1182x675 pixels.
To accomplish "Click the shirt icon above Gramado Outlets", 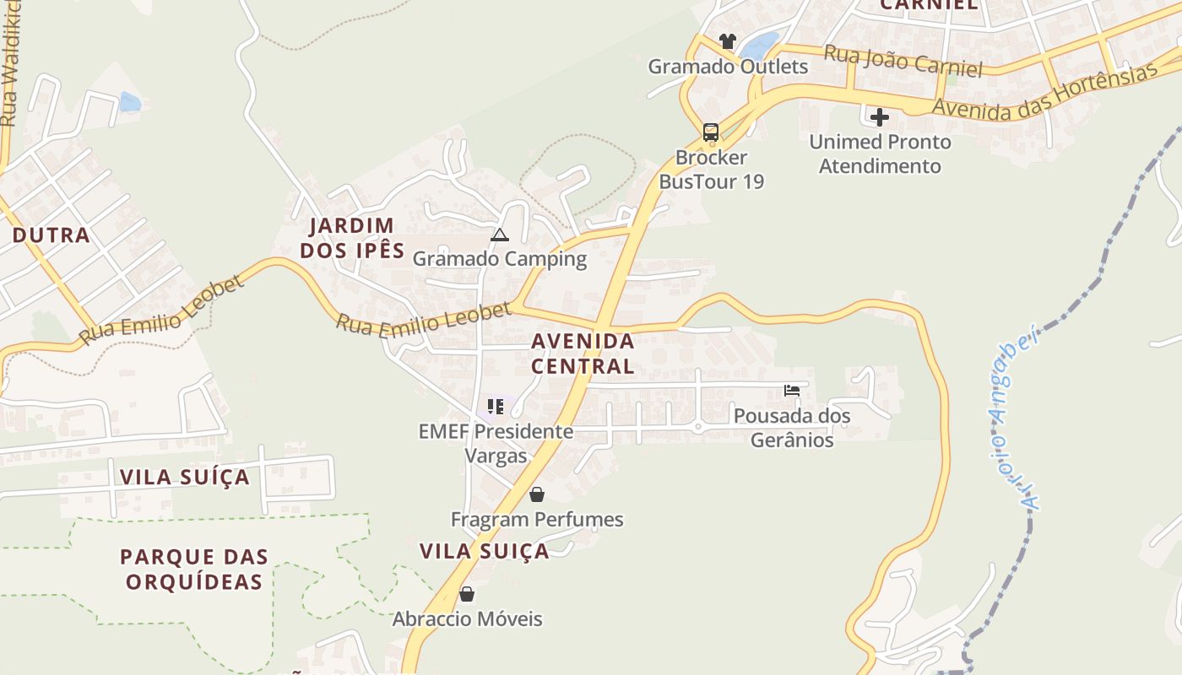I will (728, 40).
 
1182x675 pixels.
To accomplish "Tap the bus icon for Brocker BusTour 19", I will (711, 132).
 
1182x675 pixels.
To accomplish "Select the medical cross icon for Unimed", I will (880, 117).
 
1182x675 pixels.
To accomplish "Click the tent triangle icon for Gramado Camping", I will (500, 235).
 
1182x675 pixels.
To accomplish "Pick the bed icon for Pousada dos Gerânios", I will (792, 391).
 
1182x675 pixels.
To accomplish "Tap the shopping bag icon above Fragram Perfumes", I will (537, 494).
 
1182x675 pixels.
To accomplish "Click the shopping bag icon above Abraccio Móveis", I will (467, 594).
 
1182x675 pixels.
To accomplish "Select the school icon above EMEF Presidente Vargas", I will (496, 407).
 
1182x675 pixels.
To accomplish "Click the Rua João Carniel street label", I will (903, 62).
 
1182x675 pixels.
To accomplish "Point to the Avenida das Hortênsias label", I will (1044, 91).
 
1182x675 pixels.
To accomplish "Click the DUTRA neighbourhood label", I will (51, 235).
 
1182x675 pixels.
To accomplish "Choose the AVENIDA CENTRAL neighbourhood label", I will (583, 354).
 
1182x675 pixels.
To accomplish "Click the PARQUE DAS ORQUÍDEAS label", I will (194, 569).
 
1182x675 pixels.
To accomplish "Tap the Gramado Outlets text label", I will (728, 66).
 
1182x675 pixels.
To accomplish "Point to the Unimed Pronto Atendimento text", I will (880, 154).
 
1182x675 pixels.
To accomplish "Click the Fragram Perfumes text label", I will (537, 520).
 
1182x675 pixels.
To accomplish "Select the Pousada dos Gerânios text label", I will (792, 428).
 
